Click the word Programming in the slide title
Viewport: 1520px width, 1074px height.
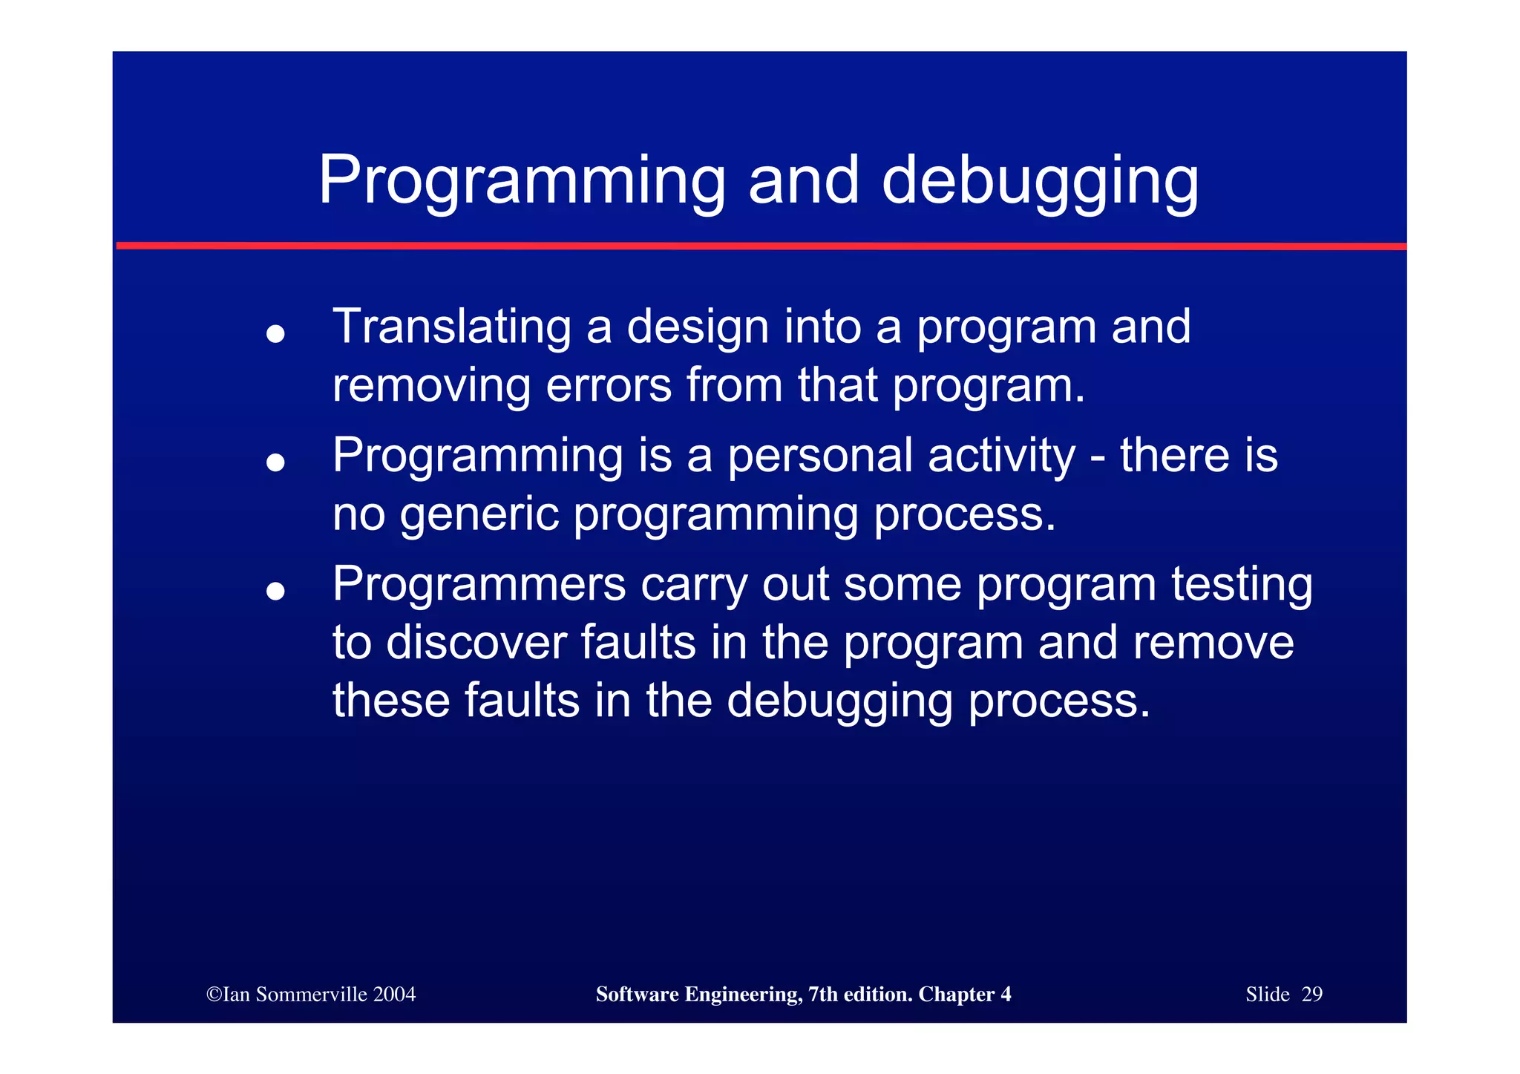521,182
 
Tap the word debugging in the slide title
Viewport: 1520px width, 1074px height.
1040,182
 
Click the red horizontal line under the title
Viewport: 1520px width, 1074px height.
760,246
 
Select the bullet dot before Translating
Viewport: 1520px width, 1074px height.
275,334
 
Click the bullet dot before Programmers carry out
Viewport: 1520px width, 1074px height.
275,591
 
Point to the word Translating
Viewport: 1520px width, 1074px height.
451,327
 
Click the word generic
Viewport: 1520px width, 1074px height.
479,514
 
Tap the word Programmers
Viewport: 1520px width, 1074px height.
479,583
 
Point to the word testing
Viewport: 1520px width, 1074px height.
1242,583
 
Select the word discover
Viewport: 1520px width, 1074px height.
476,642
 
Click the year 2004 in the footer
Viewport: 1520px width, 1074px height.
394,995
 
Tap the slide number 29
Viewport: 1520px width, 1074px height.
1311,995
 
